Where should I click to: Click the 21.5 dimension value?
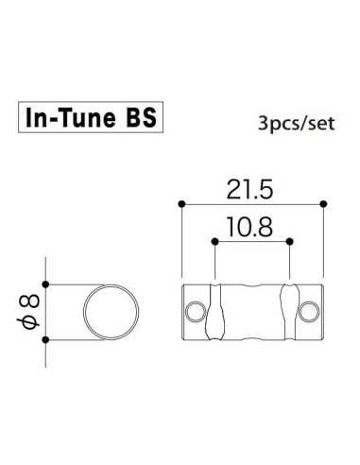252,191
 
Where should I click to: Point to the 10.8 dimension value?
251,227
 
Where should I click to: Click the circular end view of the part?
113,311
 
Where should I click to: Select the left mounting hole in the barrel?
195,310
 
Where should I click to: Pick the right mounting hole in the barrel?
309,310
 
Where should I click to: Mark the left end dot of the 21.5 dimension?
180,203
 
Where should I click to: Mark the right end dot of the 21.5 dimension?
324,203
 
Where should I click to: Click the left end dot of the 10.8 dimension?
216,241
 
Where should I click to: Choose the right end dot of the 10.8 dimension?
288,241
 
